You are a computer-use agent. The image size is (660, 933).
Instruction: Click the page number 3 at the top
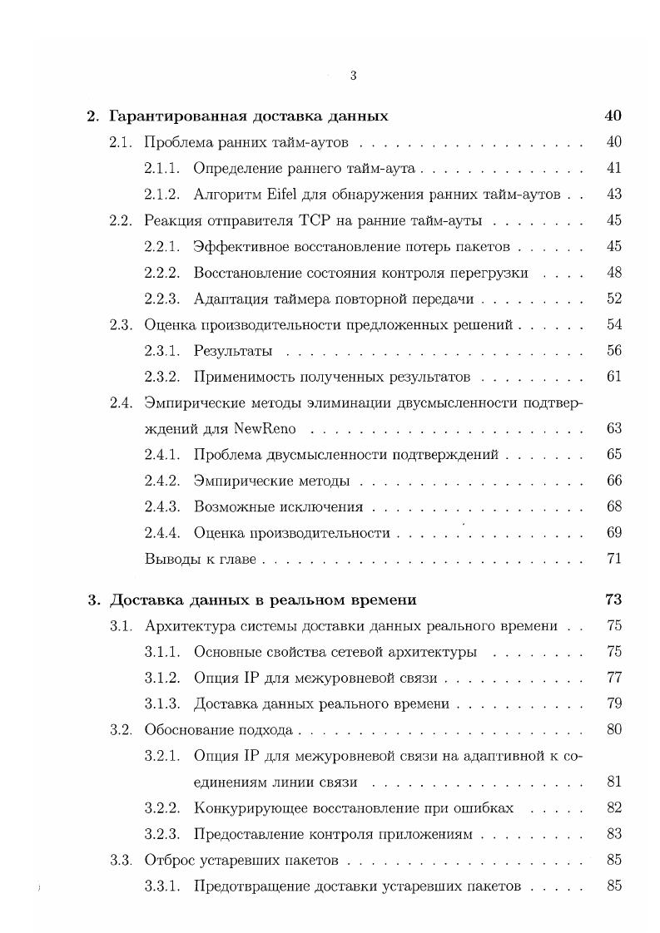tap(354, 76)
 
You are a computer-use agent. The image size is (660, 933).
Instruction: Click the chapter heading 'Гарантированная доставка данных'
tap(249, 116)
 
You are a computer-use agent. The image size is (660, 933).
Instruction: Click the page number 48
tap(614, 273)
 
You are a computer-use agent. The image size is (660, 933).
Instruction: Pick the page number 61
tap(614, 377)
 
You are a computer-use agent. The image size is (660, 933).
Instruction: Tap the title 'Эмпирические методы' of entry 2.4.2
tap(271, 481)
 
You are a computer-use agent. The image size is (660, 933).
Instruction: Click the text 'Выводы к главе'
tap(200, 559)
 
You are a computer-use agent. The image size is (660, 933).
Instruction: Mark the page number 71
tap(614, 559)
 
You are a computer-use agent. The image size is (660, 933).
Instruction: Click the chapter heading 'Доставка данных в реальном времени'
tap(263, 600)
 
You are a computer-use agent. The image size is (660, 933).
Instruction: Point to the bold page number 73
tap(613, 600)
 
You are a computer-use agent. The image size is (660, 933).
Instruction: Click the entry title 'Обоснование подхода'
tap(219, 730)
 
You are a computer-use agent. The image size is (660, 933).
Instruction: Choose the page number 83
tap(614, 834)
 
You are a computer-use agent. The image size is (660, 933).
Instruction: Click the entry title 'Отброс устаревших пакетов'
tap(241, 860)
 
